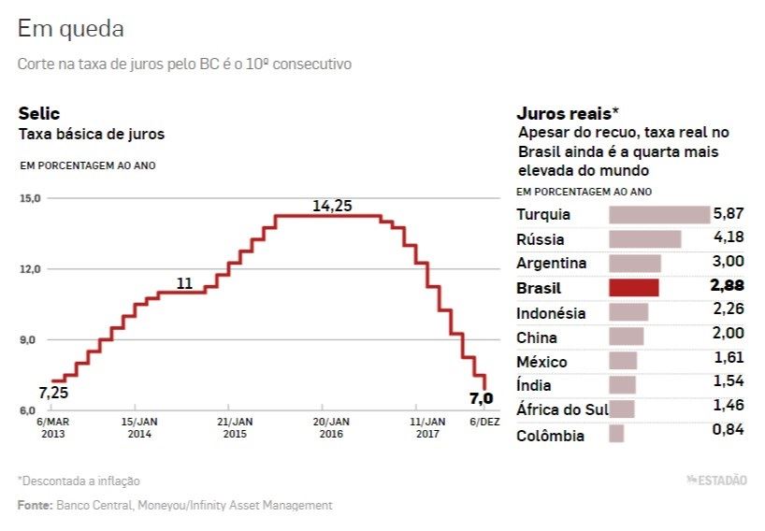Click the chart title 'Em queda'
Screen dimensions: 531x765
click(x=71, y=29)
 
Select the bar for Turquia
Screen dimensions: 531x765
click(x=659, y=215)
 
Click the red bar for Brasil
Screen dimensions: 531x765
click(x=634, y=288)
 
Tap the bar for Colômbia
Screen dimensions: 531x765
click(x=616, y=434)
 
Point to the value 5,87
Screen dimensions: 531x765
click(x=729, y=213)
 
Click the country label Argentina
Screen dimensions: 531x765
click(x=552, y=264)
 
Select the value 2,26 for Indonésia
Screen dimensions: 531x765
click(x=729, y=309)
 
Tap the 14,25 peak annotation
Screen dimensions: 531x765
click(x=332, y=206)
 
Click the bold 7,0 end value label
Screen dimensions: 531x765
click(x=481, y=399)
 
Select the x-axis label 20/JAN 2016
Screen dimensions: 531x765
click(x=332, y=427)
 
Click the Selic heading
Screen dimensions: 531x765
click(x=39, y=113)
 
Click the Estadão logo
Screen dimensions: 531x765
click(x=716, y=481)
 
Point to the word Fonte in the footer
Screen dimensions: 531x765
click(x=35, y=505)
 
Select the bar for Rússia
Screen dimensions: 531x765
click(x=644, y=239)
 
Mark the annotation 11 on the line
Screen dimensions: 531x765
click(x=184, y=283)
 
